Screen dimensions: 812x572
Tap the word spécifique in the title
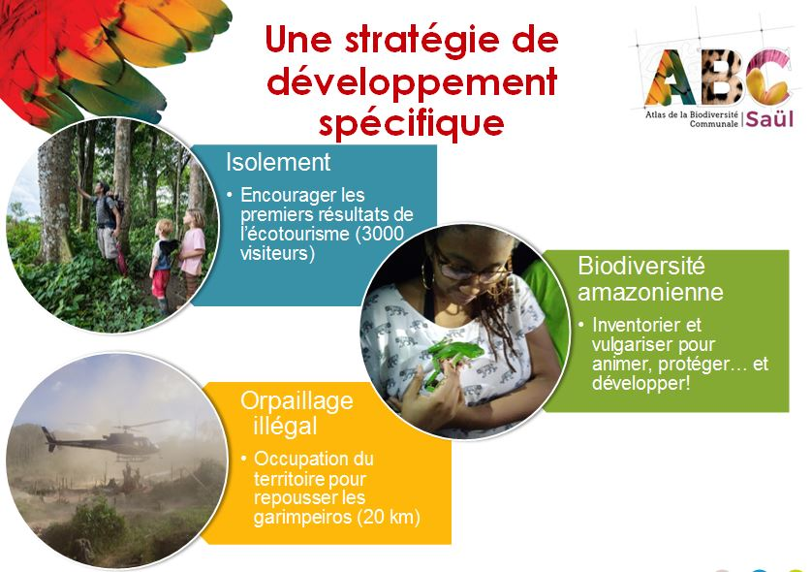click(x=411, y=124)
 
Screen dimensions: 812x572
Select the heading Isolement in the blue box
click(x=278, y=162)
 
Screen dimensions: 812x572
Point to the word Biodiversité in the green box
click(x=641, y=266)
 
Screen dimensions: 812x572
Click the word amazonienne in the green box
click(x=650, y=292)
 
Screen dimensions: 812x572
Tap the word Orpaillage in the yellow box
click(x=297, y=402)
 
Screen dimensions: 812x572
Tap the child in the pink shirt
click(x=193, y=255)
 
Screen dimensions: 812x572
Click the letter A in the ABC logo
click(x=671, y=77)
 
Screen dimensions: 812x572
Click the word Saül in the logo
click(x=769, y=119)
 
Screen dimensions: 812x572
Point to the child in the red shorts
click(x=162, y=266)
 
